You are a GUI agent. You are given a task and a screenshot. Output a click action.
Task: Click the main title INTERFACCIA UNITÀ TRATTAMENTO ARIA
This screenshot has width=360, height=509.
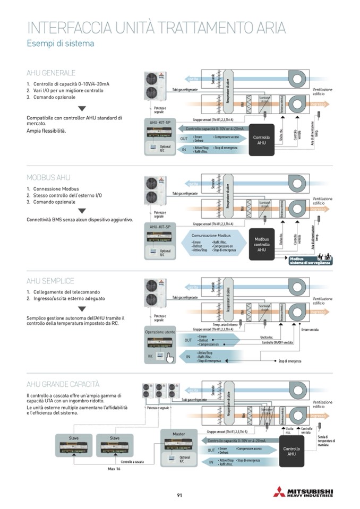point(156,28)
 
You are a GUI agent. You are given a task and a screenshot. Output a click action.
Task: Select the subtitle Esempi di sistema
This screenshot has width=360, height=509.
point(61,44)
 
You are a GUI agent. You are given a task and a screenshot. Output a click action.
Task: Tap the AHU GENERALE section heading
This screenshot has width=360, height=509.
point(51,73)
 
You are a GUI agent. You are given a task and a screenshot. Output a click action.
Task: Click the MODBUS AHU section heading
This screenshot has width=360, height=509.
point(48,177)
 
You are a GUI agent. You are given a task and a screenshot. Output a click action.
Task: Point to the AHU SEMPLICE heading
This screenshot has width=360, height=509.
point(50,281)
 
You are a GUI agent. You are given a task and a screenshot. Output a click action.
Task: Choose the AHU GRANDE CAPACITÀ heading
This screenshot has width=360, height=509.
point(63,384)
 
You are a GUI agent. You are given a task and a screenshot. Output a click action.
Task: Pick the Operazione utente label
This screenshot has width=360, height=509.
point(160,332)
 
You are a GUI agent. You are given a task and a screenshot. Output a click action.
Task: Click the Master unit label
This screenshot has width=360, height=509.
point(178,434)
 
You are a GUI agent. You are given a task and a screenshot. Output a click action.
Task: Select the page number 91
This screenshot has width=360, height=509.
point(179,495)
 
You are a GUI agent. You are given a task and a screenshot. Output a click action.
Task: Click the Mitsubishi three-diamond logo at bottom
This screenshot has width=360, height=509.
point(279,491)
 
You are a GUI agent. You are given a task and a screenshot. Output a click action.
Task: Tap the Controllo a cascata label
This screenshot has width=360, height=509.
point(133,462)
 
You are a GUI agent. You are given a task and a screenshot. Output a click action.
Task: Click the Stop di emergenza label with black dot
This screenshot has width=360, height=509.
point(290,361)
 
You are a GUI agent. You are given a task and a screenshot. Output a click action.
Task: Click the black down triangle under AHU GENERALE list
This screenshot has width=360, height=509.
point(82,108)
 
